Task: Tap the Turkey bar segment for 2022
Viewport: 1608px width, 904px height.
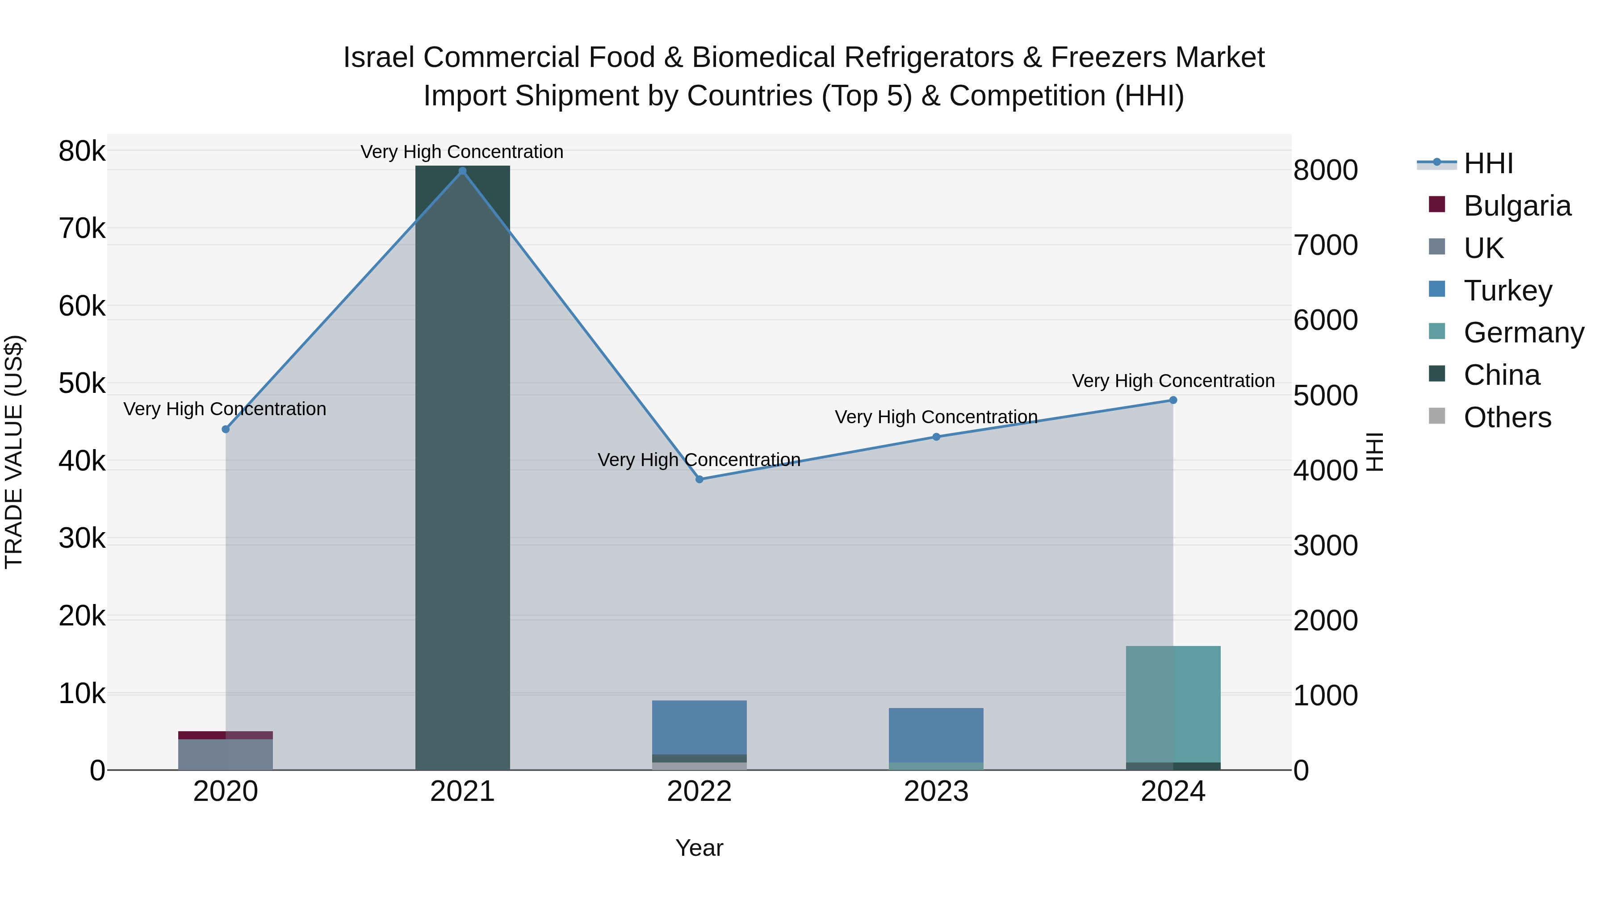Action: pyautogui.click(x=699, y=727)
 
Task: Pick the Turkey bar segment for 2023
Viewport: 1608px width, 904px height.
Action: pyautogui.click(x=936, y=734)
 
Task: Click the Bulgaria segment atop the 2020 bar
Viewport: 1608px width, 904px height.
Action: pyautogui.click(x=226, y=735)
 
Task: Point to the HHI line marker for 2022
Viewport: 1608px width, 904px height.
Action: pyautogui.click(x=699, y=479)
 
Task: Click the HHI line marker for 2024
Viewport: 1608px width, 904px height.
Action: pyautogui.click(x=1173, y=400)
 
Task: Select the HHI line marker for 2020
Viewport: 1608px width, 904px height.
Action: pyautogui.click(x=226, y=429)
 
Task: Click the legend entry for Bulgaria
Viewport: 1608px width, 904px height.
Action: pyautogui.click(x=1516, y=206)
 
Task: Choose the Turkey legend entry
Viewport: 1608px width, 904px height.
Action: pyautogui.click(x=1507, y=291)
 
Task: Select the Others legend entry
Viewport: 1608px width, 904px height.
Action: pyautogui.click(x=1507, y=417)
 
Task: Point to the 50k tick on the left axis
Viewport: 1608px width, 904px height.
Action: pyautogui.click(x=82, y=383)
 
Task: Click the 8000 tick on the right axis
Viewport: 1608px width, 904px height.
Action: pyautogui.click(x=1325, y=171)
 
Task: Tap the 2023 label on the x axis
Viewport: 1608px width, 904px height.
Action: pyautogui.click(x=936, y=792)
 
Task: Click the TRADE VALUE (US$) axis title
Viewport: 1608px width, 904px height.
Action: pyautogui.click(x=14, y=452)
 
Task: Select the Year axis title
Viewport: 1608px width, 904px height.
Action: pyautogui.click(x=699, y=848)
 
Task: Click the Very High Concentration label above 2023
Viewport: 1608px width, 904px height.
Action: pyautogui.click(x=936, y=417)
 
